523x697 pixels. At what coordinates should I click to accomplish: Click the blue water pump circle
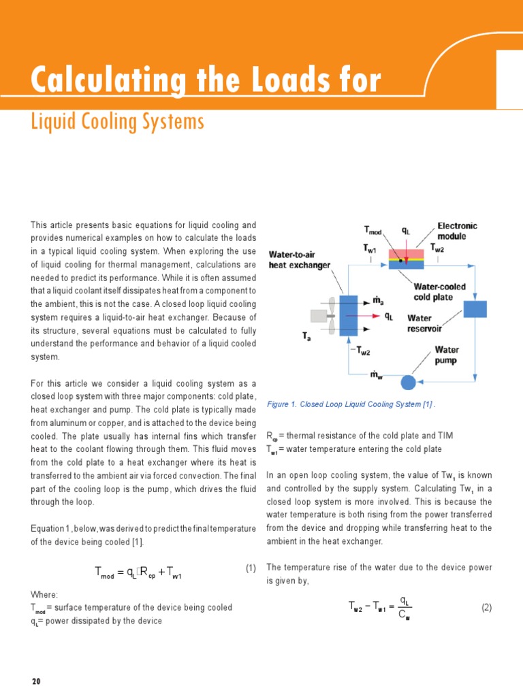coord(408,382)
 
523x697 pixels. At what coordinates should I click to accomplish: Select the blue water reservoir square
coord(475,308)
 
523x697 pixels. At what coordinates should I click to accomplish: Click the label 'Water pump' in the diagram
coord(447,355)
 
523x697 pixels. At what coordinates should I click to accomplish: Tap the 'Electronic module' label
coord(457,231)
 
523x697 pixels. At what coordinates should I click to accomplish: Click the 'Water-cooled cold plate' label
coord(440,292)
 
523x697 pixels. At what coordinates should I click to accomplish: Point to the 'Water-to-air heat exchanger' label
coord(300,260)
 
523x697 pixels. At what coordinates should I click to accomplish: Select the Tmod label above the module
coord(374,231)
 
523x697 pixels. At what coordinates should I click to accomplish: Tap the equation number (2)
coord(486,607)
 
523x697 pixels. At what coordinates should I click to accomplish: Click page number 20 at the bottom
coord(37,681)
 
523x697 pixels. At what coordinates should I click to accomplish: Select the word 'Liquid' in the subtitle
coord(52,123)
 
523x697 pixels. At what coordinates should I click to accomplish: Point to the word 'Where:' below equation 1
coord(44,594)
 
